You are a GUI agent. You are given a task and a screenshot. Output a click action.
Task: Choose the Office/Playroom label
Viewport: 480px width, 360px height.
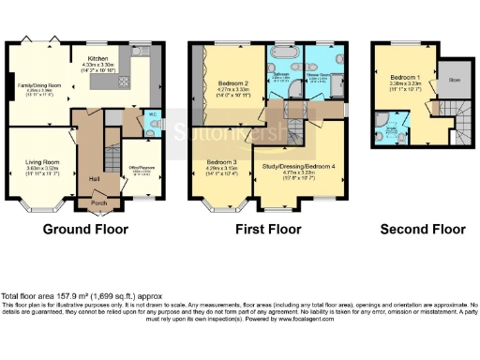pyautogui.click(x=142, y=170)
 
